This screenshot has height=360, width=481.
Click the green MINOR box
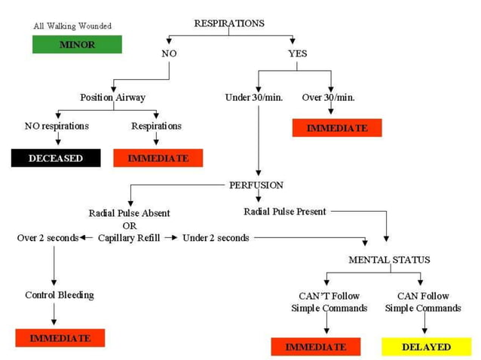click(x=77, y=44)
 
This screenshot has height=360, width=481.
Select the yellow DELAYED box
click(x=426, y=346)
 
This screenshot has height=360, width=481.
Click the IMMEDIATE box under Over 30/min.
click(x=337, y=128)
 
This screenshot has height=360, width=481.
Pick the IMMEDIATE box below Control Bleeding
click(x=60, y=338)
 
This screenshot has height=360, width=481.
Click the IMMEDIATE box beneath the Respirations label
click(x=158, y=158)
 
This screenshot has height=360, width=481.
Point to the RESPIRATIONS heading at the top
click(x=229, y=23)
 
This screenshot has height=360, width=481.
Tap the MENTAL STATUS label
click(x=389, y=260)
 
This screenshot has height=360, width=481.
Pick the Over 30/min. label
click(x=328, y=98)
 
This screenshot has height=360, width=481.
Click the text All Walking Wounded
click(x=72, y=26)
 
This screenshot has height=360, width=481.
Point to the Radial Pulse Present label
click(x=285, y=212)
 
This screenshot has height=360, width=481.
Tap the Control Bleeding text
click(x=60, y=294)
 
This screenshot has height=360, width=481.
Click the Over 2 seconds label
click(x=47, y=238)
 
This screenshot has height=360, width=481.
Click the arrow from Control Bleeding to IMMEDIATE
click(x=54, y=313)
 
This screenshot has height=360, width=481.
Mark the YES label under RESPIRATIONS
click(x=297, y=53)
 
